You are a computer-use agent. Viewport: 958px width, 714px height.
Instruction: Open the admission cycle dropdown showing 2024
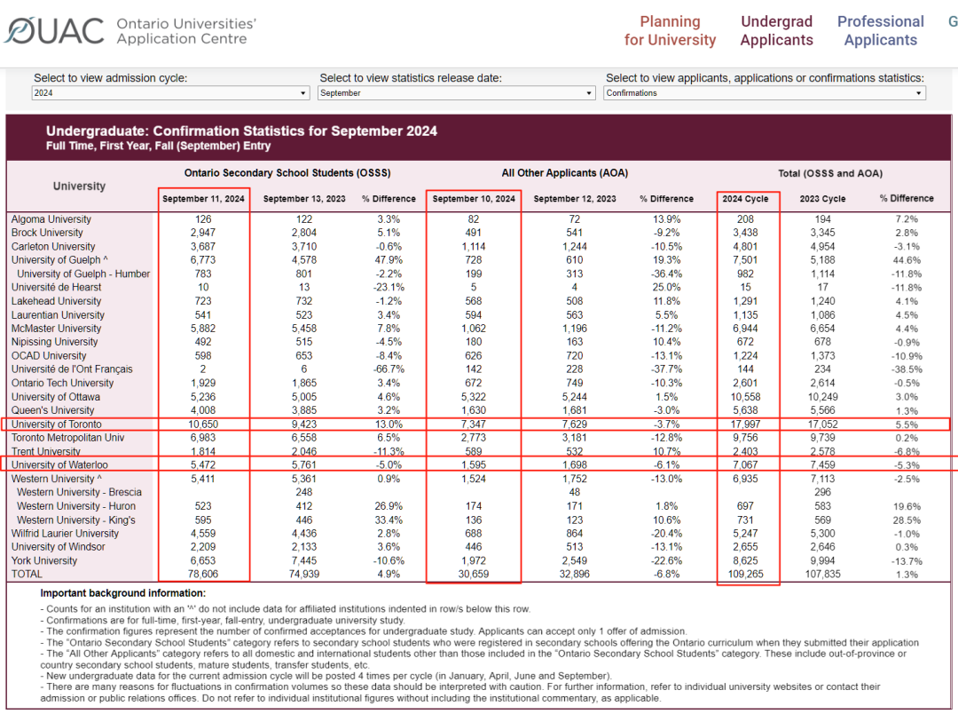(169, 93)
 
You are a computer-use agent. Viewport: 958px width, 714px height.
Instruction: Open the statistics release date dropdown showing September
(456, 93)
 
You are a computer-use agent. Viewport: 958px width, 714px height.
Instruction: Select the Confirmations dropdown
(765, 93)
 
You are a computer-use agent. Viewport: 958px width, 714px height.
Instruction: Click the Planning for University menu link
(670, 30)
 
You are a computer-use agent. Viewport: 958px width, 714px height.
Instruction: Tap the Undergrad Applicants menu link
(776, 30)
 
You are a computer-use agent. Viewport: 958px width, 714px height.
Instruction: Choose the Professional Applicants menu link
(881, 30)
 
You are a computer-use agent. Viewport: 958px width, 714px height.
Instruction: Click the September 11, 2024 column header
(203, 199)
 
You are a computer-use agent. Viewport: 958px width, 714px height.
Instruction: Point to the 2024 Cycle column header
(745, 199)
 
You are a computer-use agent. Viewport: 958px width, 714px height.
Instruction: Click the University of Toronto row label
(56, 424)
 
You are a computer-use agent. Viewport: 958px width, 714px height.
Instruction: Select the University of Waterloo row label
(59, 465)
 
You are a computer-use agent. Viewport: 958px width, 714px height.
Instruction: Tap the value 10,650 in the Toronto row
(203, 424)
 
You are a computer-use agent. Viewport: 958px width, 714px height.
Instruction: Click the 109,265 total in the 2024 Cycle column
(745, 574)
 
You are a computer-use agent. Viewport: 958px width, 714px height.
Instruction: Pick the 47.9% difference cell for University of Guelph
(389, 260)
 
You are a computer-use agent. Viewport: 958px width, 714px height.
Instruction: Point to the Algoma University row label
(51, 219)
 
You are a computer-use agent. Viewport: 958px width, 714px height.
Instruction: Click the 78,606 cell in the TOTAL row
(203, 574)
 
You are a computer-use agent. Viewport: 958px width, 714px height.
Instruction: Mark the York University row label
(44, 560)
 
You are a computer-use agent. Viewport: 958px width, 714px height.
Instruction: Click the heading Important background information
(122, 593)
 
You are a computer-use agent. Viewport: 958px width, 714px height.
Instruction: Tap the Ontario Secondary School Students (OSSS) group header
(287, 173)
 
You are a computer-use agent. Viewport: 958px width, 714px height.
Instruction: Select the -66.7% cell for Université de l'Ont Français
(389, 369)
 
